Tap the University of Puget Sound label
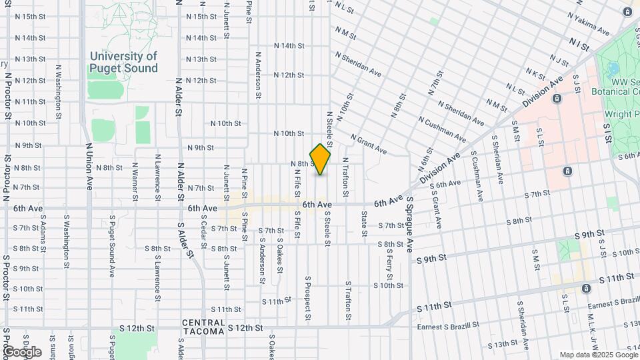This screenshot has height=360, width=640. [124, 63]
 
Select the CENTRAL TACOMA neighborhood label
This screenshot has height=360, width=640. [203, 328]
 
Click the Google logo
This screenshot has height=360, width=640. [22, 351]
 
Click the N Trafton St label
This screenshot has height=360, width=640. [345, 177]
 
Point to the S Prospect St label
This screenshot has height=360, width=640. [307, 298]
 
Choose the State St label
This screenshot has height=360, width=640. [364, 223]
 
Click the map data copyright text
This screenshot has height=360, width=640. [599, 355]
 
